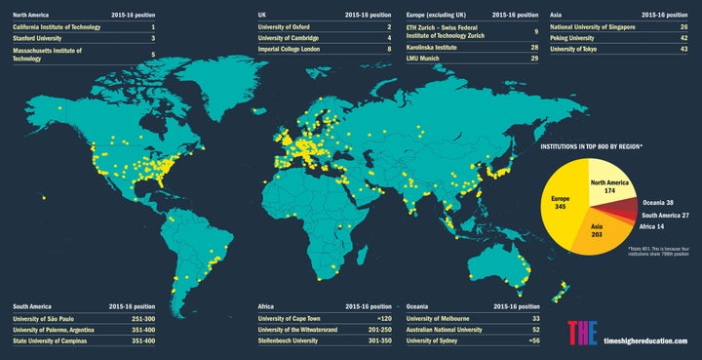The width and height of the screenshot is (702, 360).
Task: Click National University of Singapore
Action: point(593,28)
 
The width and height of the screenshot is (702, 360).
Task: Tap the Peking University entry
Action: point(576,39)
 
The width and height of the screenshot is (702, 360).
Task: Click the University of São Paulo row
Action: point(52,318)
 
